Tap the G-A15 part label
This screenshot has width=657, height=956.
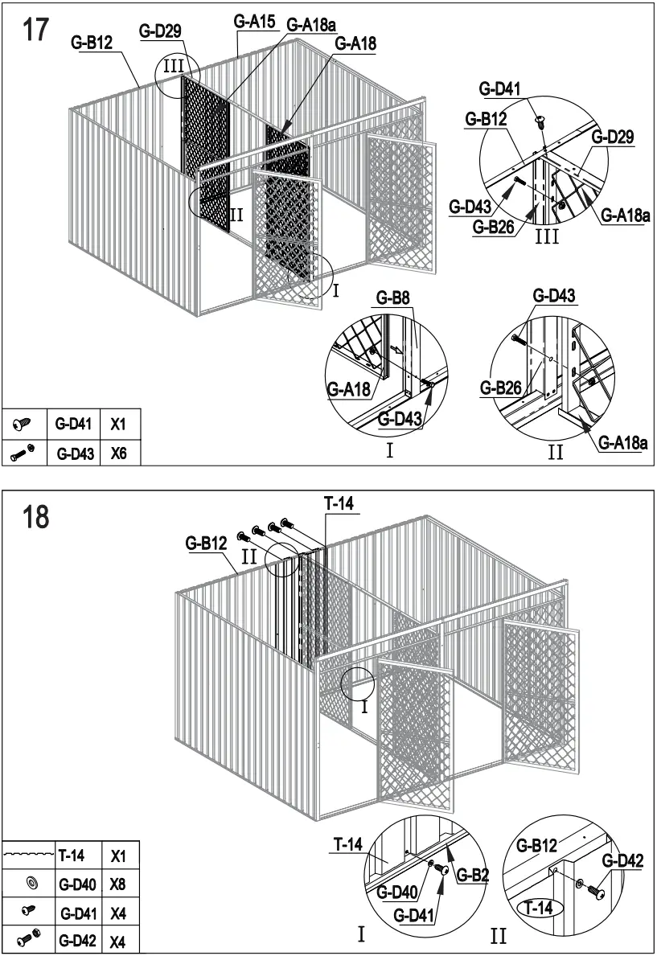[255, 23]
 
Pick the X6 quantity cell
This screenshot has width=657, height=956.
[119, 453]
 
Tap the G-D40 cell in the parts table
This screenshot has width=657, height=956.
[79, 884]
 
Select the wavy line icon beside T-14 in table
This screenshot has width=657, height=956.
[28, 855]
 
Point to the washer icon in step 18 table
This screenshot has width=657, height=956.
[31, 884]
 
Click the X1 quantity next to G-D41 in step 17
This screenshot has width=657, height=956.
[119, 421]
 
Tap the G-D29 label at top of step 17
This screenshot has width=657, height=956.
[161, 31]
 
